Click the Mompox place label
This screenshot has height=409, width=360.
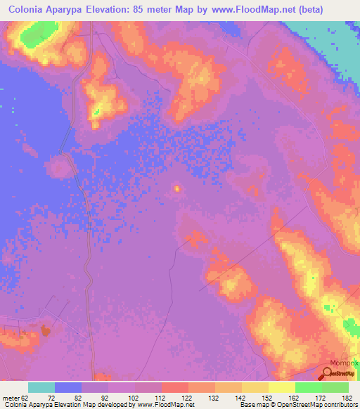click(x=345, y=363)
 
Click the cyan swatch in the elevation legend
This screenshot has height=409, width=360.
click(x=41, y=387)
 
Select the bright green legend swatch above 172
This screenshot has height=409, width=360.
click(x=309, y=387)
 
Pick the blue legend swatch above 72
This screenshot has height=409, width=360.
click(x=68, y=387)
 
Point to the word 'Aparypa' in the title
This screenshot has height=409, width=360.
click(x=84, y=9)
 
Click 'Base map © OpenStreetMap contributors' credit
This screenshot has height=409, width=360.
click(x=297, y=405)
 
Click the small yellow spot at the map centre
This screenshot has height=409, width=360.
click(x=176, y=188)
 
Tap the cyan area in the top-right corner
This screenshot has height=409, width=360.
click(x=330, y=28)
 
